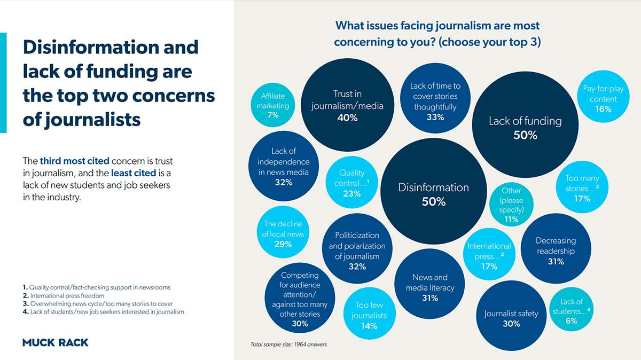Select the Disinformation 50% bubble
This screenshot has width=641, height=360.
pos(433,194)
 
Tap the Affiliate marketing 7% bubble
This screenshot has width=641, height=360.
pos(272,105)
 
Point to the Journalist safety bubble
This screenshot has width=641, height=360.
pos(511,315)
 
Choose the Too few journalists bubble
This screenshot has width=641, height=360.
pos(369,315)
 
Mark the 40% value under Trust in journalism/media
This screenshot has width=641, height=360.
pos(347,118)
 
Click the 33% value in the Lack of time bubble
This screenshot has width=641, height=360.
pos(435,118)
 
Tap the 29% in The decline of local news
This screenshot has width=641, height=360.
pos(283,244)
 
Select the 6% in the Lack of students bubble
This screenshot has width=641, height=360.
pos(571,321)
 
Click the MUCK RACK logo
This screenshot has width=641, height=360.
pos(56,342)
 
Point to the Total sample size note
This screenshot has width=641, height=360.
pos(288,345)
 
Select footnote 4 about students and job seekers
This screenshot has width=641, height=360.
pos(103,311)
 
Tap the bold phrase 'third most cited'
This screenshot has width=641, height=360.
pos(74,161)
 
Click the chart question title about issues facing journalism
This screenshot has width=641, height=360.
pos(437,34)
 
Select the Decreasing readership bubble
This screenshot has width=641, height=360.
pos(556,250)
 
